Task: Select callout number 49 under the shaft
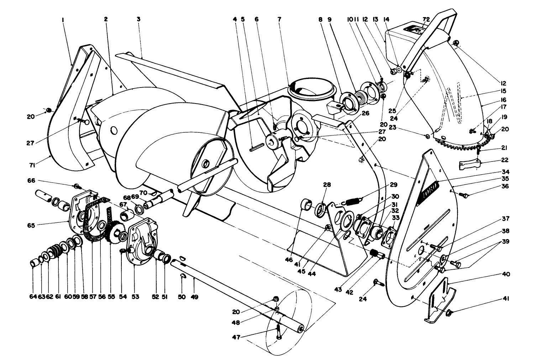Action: (x=194, y=296)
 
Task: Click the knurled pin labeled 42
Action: (x=376, y=254)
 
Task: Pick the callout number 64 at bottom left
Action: (x=32, y=296)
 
